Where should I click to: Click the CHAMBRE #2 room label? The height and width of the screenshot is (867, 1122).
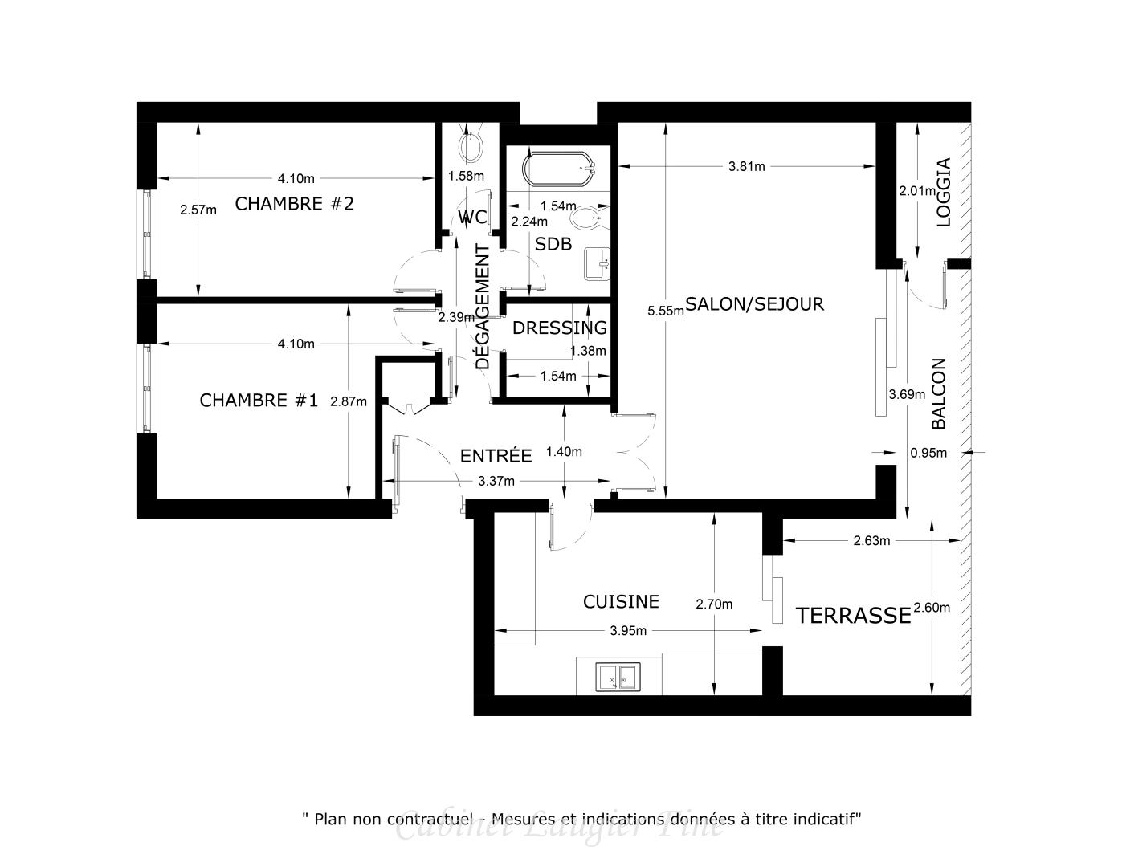coord(294,204)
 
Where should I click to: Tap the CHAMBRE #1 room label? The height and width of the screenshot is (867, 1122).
coord(259,400)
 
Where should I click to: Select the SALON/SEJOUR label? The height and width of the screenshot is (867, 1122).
coord(754,304)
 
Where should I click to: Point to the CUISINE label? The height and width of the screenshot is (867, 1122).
coord(621,601)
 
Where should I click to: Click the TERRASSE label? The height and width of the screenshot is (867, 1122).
coord(853,616)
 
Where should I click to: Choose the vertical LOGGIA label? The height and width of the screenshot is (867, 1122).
coord(944,192)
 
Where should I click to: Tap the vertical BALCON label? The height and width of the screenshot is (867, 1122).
coord(938,393)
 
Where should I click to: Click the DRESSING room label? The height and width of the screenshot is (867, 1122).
coord(560,328)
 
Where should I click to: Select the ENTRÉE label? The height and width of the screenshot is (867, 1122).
coord(496,456)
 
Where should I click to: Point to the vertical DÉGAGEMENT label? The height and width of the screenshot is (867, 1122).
coord(482,307)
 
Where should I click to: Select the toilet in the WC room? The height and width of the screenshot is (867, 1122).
coord(470,147)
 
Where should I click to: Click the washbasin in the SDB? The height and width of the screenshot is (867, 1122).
coord(598,263)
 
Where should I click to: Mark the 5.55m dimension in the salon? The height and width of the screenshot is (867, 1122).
coord(666,311)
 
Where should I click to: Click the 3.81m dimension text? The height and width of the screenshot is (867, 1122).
coord(746,166)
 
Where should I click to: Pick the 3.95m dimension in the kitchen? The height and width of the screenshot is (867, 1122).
coord(628,630)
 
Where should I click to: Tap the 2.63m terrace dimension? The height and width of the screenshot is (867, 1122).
coord(871,540)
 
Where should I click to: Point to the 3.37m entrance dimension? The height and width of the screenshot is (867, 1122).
coord(496,481)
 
